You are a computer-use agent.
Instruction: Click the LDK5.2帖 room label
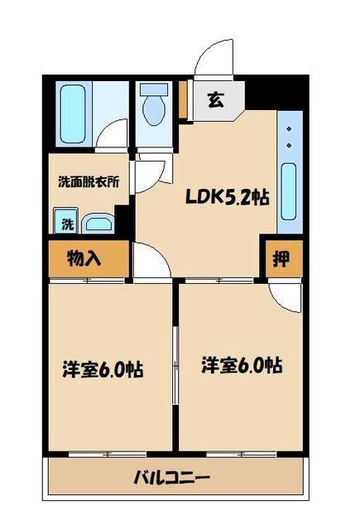(226, 198)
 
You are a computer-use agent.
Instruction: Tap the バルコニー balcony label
(172, 478)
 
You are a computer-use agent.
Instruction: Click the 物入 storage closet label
(84, 258)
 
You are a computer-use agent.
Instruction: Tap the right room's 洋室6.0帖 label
(242, 364)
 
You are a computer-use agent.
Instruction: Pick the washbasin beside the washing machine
(98, 222)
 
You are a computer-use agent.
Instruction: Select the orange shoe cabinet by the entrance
(183, 99)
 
